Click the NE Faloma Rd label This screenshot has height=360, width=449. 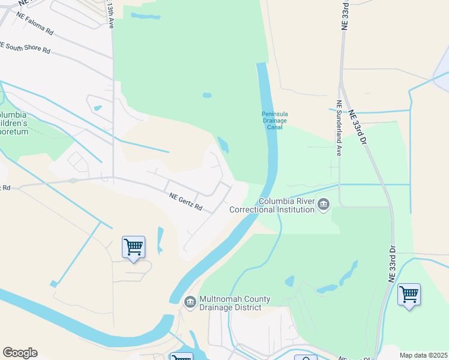35,22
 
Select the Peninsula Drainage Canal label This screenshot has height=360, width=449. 275,120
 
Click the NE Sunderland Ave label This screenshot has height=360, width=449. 339,128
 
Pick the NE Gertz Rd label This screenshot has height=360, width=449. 185,202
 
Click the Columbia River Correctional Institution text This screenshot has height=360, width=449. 287,206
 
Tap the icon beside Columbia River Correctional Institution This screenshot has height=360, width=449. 324,205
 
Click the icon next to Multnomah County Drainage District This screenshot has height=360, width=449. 190,301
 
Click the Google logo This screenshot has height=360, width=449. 20,353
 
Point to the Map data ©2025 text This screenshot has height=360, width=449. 423,355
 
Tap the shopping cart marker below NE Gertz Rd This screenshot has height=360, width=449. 133,247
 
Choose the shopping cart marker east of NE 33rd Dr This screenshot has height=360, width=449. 409,295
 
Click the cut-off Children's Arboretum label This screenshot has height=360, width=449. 13,123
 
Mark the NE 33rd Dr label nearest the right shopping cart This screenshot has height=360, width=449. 393,264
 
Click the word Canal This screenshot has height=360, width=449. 275,127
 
